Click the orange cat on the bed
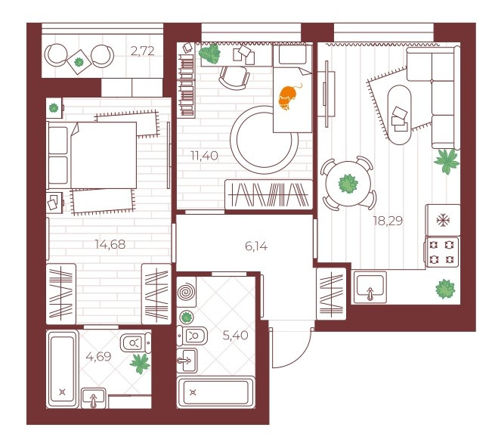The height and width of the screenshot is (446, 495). (x=289, y=97)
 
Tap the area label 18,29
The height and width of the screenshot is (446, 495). (x=388, y=221)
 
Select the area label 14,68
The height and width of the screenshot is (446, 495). (x=110, y=244)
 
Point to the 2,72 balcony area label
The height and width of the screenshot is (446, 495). (x=143, y=51)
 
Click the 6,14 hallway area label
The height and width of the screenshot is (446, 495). (x=256, y=246)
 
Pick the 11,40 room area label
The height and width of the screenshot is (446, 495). (x=204, y=156)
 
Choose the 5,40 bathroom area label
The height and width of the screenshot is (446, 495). (x=235, y=335)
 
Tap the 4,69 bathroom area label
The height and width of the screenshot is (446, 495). (x=98, y=357)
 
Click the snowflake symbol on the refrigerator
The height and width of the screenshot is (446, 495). (x=443, y=221)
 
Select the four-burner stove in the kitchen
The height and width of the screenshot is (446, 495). (x=442, y=252)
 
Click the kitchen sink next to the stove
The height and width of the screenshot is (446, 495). (x=370, y=287)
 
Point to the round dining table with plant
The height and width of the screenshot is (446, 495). (x=348, y=184)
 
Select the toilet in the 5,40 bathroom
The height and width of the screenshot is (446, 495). (x=192, y=336)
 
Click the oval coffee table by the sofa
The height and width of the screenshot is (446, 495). (x=399, y=115)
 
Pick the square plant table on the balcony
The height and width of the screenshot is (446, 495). (x=79, y=62)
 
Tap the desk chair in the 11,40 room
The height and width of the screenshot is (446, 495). (x=234, y=78)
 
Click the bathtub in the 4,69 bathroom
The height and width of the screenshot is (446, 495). (x=62, y=369)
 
